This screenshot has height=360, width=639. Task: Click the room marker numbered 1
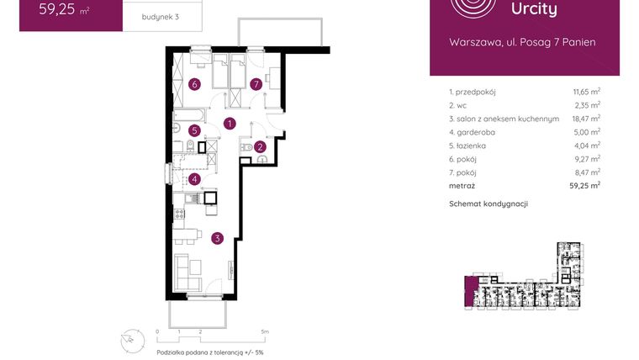click(x=230, y=124)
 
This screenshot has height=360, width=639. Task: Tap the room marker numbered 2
click(x=261, y=147)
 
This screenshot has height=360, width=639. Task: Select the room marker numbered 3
click(x=218, y=238)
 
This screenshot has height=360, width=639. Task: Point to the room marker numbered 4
click(x=194, y=178)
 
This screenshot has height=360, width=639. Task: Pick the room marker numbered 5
click(x=194, y=130)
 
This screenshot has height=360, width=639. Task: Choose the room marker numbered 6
click(x=194, y=84)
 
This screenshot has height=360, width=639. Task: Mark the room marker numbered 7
click(x=256, y=84)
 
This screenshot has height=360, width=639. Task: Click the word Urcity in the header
click(x=534, y=9)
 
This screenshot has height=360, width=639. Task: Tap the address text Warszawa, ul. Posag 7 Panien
click(x=523, y=41)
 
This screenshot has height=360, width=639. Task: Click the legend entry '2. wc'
click(x=459, y=105)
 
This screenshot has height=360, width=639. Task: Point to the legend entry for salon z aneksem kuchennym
click(x=504, y=119)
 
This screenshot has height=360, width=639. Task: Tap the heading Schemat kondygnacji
click(x=488, y=204)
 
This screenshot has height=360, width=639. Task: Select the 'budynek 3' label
click(x=147, y=17)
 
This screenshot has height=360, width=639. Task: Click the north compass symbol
click(x=130, y=337)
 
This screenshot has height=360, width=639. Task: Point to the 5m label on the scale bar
click(x=264, y=332)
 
